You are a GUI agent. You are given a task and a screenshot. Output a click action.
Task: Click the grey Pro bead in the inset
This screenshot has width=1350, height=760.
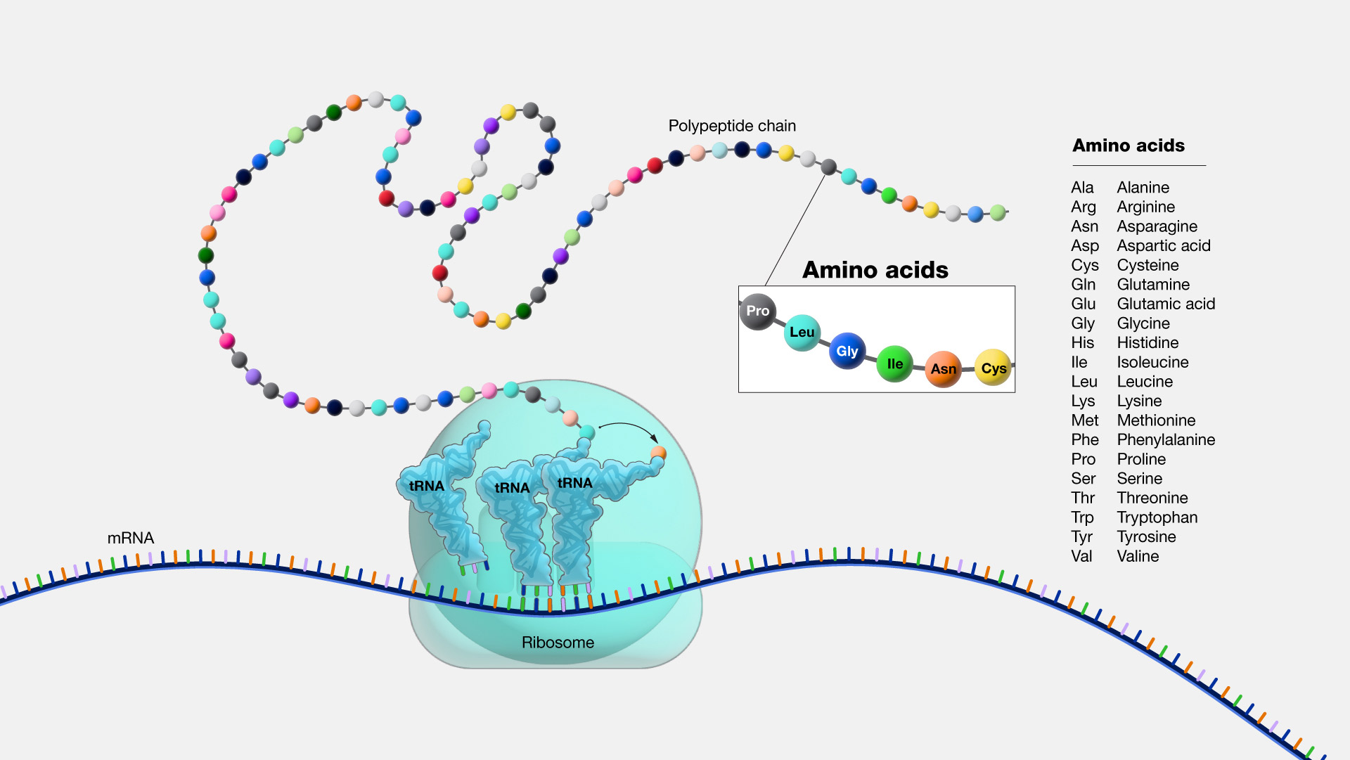click(x=757, y=311)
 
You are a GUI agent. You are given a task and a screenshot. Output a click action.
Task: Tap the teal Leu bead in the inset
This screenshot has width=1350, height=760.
click(x=802, y=333)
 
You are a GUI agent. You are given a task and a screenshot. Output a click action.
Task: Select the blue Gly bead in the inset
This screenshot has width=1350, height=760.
click(x=847, y=351)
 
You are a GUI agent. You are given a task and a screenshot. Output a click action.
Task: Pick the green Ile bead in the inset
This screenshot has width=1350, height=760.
click(x=894, y=363)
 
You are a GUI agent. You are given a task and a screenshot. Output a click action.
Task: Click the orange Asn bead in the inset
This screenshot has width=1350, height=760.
click(x=943, y=368)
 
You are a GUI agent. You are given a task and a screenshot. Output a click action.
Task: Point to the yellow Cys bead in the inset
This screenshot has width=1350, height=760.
click(x=993, y=368)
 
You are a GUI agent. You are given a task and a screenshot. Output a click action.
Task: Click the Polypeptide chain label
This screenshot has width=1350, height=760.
click(x=732, y=126)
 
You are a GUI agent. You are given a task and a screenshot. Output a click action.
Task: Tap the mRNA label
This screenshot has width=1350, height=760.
click(x=130, y=538)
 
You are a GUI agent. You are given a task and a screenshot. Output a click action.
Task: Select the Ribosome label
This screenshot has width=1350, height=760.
click(x=558, y=643)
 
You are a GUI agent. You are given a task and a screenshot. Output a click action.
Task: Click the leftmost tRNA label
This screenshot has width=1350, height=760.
click(x=426, y=486)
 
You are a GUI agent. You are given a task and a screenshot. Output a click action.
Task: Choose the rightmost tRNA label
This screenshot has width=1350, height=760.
click(x=574, y=483)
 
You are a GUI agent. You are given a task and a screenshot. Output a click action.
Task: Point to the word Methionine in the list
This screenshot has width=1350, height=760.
click(x=1156, y=420)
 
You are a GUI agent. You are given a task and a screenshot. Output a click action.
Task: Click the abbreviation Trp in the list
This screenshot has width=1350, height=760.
click(x=1082, y=517)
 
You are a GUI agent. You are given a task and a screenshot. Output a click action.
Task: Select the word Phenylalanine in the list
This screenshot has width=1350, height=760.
click(x=1166, y=440)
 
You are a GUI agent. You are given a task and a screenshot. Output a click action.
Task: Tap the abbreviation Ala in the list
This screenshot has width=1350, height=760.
click(x=1082, y=188)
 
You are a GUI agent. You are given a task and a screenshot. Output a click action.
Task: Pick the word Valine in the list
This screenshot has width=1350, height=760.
click(x=1138, y=556)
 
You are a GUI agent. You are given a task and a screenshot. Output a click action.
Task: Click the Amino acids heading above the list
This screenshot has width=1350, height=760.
click(x=1128, y=146)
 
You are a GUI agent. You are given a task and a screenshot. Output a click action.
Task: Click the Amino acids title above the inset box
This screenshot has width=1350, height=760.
click(x=875, y=270)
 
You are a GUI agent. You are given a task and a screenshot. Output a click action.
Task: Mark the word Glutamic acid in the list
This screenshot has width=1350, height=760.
click(x=1166, y=304)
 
